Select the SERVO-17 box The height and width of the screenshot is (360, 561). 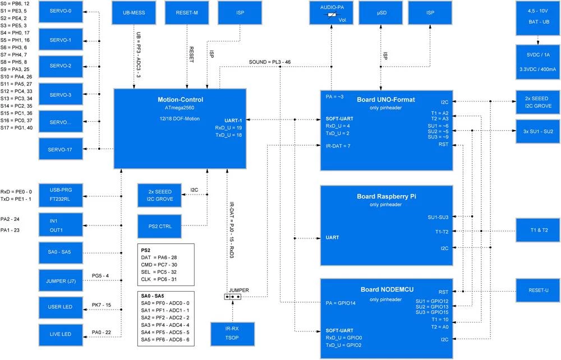pyautogui.click(x=61, y=149)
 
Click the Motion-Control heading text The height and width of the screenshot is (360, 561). pyautogui.click(x=180, y=100)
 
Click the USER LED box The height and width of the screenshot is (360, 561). pyautogui.click(x=61, y=307)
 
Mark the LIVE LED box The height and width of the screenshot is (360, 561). pyautogui.click(x=61, y=334)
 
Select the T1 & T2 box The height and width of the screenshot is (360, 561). pyautogui.click(x=539, y=230)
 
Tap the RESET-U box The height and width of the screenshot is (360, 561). pyautogui.click(x=539, y=291)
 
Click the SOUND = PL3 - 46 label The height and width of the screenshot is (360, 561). pyautogui.click(x=270, y=62)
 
